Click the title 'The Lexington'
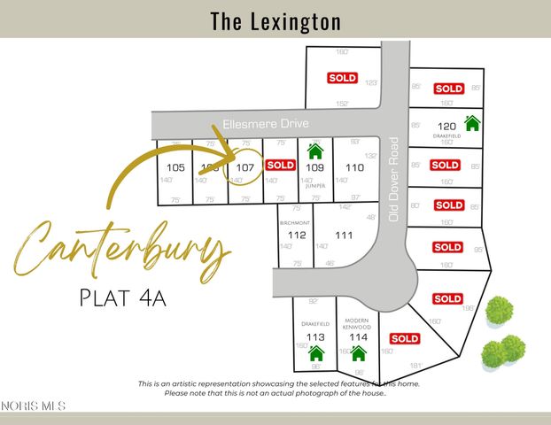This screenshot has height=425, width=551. pyautogui.click(x=275, y=20)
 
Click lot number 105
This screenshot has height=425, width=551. pyautogui.click(x=175, y=167)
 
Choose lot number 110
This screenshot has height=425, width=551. pyautogui.click(x=354, y=167)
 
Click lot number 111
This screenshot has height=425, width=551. pyautogui.click(x=345, y=235)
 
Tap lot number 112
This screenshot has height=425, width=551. pyautogui.click(x=297, y=235)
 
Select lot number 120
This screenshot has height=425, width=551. pyautogui.click(x=446, y=126)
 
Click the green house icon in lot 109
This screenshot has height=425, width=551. pyautogui.click(x=314, y=152)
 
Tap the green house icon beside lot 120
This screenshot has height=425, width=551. pyautogui.click(x=472, y=122)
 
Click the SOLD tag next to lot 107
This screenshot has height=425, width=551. pyautogui.click(x=280, y=165)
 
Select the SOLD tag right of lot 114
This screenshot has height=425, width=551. pyautogui.click(x=404, y=338)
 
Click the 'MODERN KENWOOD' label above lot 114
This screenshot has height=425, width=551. pyautogui.click(x=357, y=324)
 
